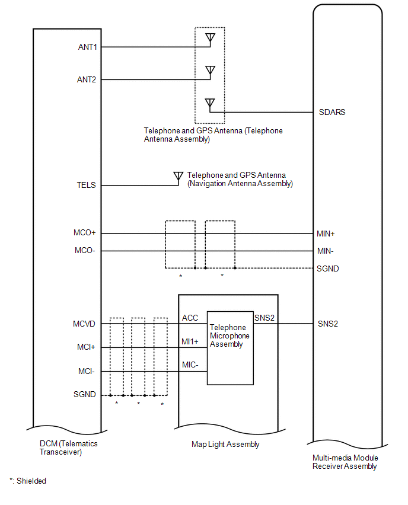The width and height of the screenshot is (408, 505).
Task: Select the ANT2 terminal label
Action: click(x=87, y=79)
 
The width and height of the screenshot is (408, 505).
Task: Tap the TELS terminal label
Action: click(x=85, y=186)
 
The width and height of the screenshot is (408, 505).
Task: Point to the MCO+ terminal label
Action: click(x=85, y=234)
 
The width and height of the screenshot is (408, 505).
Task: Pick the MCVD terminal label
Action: click(x=84, y=324)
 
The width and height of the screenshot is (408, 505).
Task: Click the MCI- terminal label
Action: click(x=87, y=372)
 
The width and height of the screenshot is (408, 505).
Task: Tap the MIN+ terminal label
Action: click(x=326, y=234)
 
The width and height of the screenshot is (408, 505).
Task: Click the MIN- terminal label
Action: click(x=326, y=251)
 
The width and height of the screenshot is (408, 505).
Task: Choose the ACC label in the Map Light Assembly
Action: click(x=190, y=318)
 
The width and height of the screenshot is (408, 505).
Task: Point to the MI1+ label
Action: click(x=190, y=342)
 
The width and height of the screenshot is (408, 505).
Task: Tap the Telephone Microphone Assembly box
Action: click(x=230, y=348)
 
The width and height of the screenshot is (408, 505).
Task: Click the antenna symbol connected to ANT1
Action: click(x=209, y=39)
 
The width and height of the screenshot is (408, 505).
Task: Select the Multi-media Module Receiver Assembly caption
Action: click(x=345, y=462)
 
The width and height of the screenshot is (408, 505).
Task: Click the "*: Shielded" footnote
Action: click(x=28, y=481)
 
